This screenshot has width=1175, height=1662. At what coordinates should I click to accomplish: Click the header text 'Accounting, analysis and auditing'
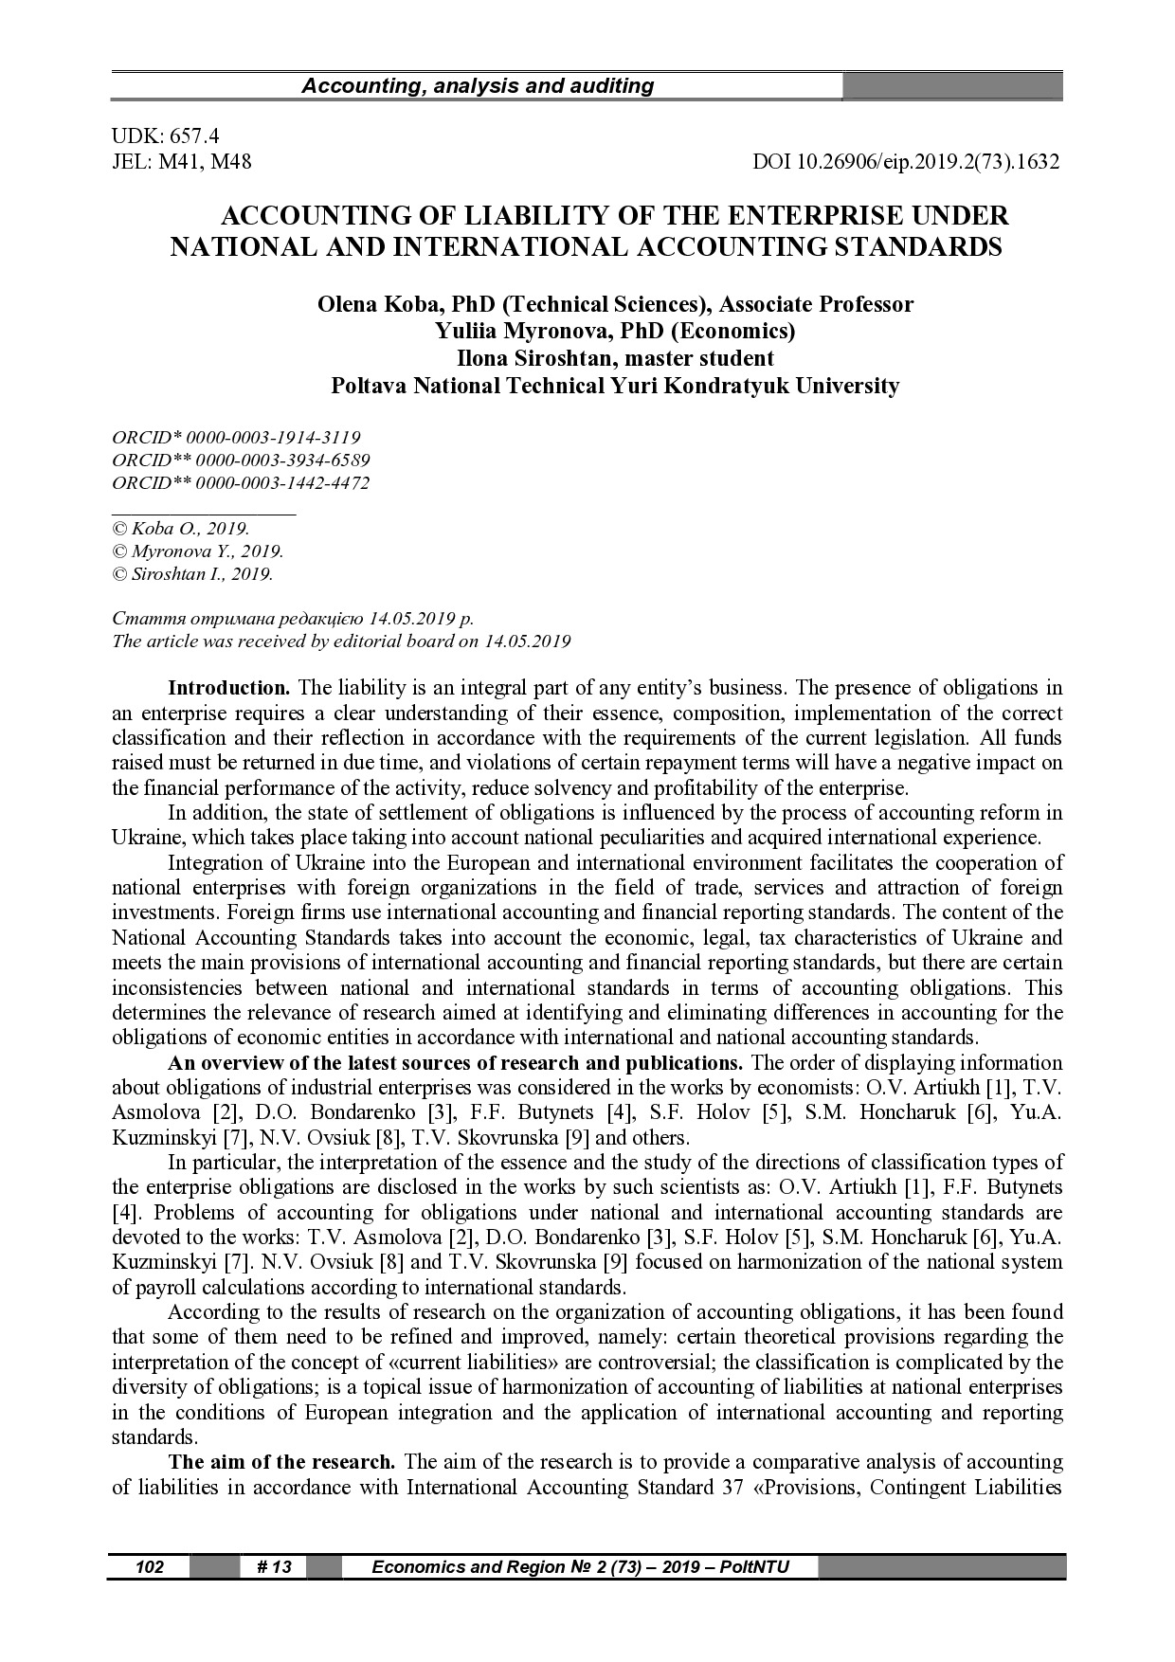(478, 86)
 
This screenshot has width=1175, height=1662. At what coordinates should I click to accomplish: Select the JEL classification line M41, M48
(182, 162)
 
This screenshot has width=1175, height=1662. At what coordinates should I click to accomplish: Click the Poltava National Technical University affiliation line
(614, 386)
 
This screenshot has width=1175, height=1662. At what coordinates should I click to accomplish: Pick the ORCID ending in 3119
(236, 438)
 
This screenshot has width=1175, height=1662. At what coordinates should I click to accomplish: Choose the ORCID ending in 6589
(241, 461)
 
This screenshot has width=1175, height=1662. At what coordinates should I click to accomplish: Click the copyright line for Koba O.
(180, 529)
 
